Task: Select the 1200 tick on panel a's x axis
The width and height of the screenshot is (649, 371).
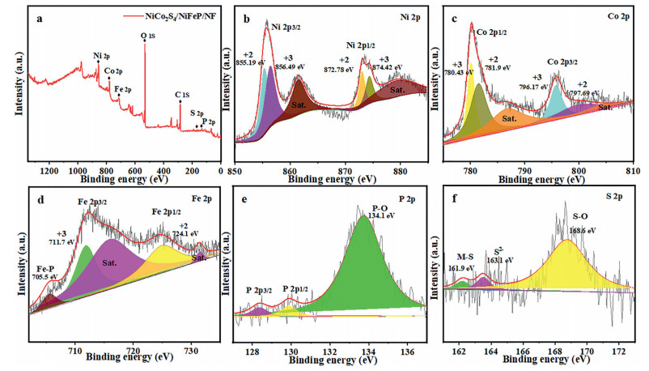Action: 49,172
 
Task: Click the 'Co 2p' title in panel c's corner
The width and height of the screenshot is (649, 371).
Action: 623,15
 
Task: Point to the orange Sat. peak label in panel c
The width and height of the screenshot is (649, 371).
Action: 510,117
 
